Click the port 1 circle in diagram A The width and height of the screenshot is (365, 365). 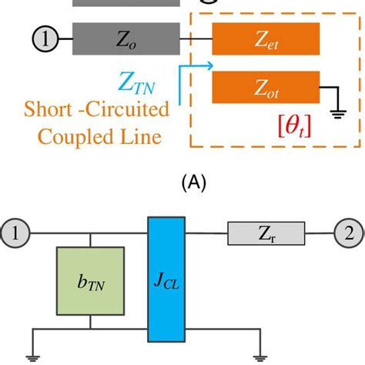tap(44, 37)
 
